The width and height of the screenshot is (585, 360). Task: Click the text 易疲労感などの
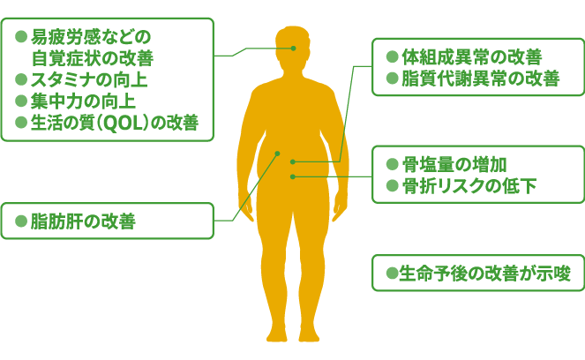[92, 37]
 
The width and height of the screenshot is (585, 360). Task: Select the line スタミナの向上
[89, 80]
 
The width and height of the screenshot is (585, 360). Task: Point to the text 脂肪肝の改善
[83, 221]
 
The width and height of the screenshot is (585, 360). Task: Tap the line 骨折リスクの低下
[469, 186]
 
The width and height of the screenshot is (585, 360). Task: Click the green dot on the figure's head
[292, 49]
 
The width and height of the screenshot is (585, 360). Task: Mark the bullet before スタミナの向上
[22, 80]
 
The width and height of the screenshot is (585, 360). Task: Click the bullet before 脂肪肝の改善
[22, 221]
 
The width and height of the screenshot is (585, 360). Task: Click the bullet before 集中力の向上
[22, 102]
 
